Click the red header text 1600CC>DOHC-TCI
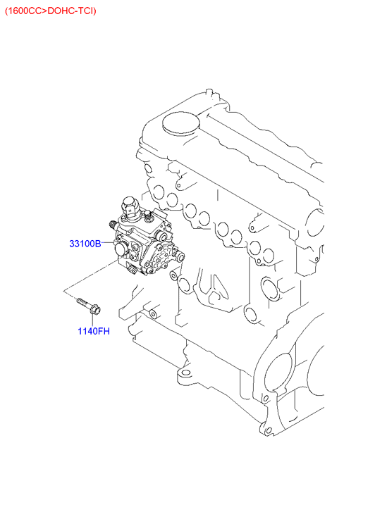pyautogui.click(x=51, y=11)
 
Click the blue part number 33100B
pyautogui.click(x=85, y=244)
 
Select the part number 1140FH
pyautogui.click(x=94, y=331)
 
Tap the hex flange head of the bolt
pyautogui.click(x=95, y=309)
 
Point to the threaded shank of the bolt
pyautogui.click(x=82, y=302)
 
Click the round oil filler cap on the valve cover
pyautogui.click(x=180, y=124)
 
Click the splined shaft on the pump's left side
pyautogui.click(x=113, y=225)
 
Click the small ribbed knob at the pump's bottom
pyautogui.click(x=131, y=270)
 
